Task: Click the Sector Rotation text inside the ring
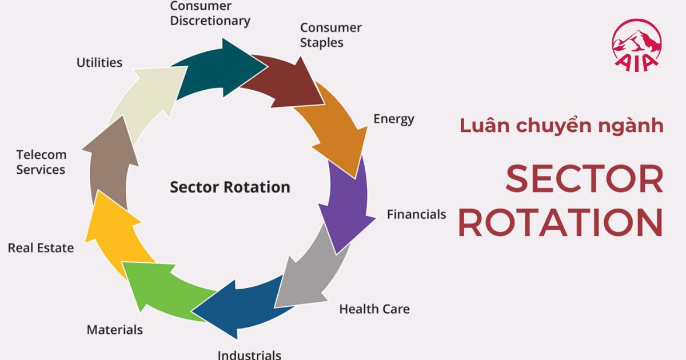point(230,187)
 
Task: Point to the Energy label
point(393,119)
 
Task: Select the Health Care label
point(374,309)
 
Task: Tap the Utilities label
point(99,62)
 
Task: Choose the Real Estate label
point(41,248)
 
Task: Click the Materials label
point(114,330)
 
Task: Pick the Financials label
point(416,214)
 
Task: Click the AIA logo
point(636,46)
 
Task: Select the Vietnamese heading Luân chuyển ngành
point(561,125)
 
